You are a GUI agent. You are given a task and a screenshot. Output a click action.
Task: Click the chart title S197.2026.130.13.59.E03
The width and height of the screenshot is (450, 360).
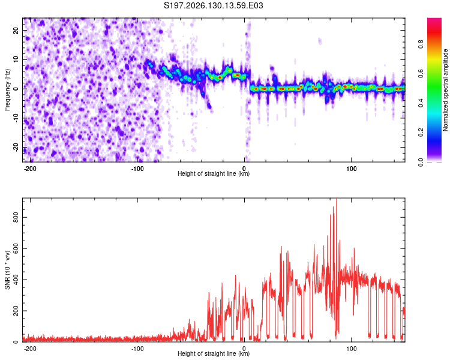click(x=213, y=5)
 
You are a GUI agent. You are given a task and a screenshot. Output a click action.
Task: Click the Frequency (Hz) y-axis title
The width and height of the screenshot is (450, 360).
click(x=7, y=90)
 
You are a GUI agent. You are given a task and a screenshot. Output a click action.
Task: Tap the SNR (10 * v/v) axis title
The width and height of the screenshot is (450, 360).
click(x=7, y=270)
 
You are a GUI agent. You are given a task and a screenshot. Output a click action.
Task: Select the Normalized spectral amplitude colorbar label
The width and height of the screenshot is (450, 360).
click(x=445, y=90)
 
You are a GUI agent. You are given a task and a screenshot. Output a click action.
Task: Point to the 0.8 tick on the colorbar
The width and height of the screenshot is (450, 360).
click(x=421, y=44)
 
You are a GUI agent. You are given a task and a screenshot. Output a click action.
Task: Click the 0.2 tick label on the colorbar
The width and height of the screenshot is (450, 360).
click(x=421, y=133)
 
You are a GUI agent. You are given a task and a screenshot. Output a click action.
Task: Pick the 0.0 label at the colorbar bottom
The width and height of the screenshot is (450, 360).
click(x=421, y=162)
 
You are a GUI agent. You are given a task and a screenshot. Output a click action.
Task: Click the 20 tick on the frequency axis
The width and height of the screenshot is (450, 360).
click(x=16, y=30)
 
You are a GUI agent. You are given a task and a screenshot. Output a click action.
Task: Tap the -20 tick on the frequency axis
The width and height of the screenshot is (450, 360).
click(x=16, y=148)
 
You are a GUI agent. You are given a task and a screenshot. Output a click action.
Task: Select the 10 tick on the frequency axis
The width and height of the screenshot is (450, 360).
click(x=16, y=59)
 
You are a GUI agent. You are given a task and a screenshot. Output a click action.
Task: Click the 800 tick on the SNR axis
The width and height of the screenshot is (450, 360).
click(x=16, y=217)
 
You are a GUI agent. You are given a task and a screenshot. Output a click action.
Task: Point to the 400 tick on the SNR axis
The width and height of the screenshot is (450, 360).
click(x=16, y=280)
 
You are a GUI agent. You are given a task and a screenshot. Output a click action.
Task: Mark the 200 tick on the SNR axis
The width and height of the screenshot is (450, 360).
click(x=16, y=311)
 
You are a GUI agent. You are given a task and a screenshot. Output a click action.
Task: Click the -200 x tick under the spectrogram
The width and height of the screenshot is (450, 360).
click(x=29, y=169)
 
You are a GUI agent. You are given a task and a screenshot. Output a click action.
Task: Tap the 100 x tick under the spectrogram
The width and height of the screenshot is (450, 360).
click(x=351, y=169)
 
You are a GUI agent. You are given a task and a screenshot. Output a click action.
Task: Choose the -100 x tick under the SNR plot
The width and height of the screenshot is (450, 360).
click(x=137, y=349)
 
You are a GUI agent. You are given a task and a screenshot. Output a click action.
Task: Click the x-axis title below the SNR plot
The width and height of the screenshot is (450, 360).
click(x=214, y=353)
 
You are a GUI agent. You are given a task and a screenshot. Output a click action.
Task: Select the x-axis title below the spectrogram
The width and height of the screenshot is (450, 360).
click(x=214, y=173)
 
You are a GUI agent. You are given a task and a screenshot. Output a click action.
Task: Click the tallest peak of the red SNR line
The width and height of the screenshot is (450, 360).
click(x=337, y=199)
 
